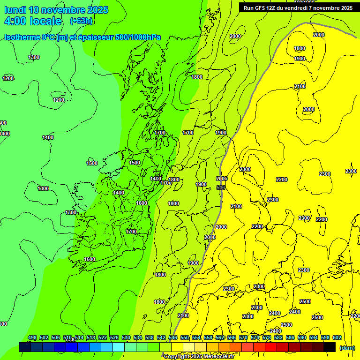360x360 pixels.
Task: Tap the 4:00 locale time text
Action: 33,21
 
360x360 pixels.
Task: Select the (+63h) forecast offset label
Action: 81,21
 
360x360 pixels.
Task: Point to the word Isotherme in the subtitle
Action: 23,37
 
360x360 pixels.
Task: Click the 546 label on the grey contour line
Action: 221,187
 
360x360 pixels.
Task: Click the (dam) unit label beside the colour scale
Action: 347,347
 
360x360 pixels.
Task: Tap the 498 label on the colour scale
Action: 32,337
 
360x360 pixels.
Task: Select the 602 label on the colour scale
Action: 337,337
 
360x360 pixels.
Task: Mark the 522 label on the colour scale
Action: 103,337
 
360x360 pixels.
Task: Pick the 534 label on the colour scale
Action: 138,337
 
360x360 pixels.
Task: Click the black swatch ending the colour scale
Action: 330,347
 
